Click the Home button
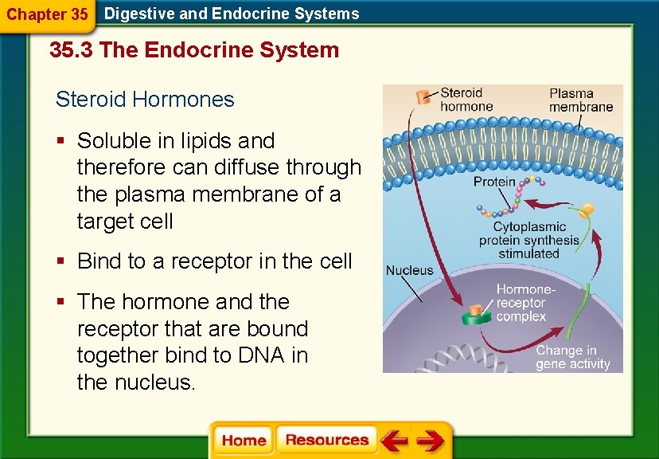point(244,441)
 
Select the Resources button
point(327,440)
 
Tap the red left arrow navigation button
point(392,441)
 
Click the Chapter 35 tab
point(47,14)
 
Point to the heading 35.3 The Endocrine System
point(194,50)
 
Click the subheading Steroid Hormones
point(145,100)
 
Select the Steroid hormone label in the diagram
point(466,100)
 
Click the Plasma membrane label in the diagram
point(580,100)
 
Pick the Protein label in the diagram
point(494,182)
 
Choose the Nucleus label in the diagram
point(409,270)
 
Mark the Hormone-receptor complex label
point(524,304)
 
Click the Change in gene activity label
point(572,357)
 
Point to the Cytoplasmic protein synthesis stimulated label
point(529,240)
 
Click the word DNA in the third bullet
point(262,355)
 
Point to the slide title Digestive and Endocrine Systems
point(232,14)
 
